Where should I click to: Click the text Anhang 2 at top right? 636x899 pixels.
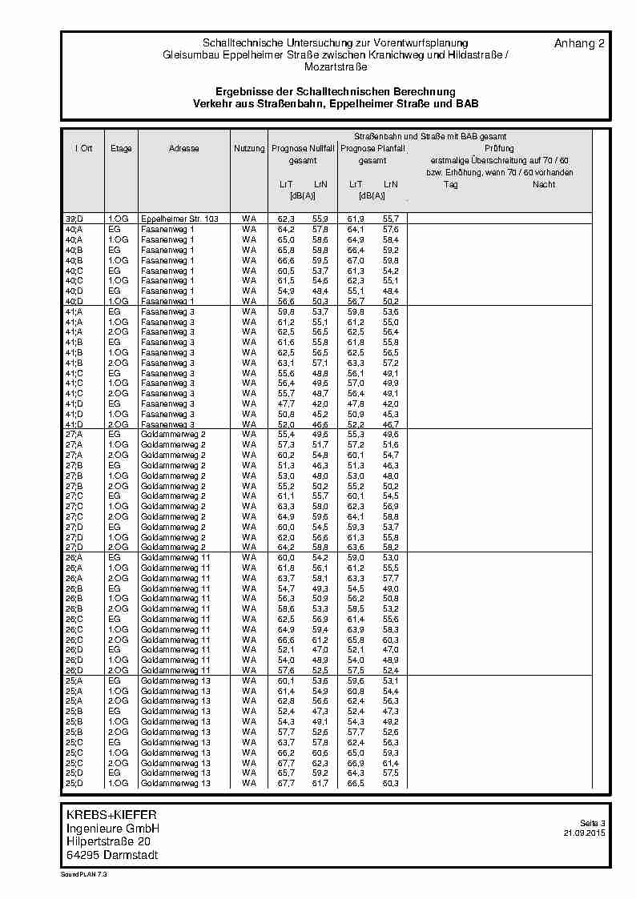tap(579, 43)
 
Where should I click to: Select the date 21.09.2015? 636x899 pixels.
tap(585, 833)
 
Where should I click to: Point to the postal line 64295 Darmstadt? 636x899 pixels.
tap(112, 855)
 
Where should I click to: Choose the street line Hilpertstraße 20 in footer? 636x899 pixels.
tap(108, 842)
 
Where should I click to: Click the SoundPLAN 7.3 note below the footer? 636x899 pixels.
tap(83, 875)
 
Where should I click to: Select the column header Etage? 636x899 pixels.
tap(121, 149)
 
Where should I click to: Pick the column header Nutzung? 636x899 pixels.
tap(249, 149)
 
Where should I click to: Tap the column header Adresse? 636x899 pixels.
tap(184, 149)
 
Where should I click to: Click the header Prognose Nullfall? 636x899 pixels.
tap(303, 149)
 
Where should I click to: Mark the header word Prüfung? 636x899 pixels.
tap(499, 149)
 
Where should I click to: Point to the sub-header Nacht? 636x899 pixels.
tap(544, 185)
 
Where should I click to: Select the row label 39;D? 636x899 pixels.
tap(73, 219)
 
